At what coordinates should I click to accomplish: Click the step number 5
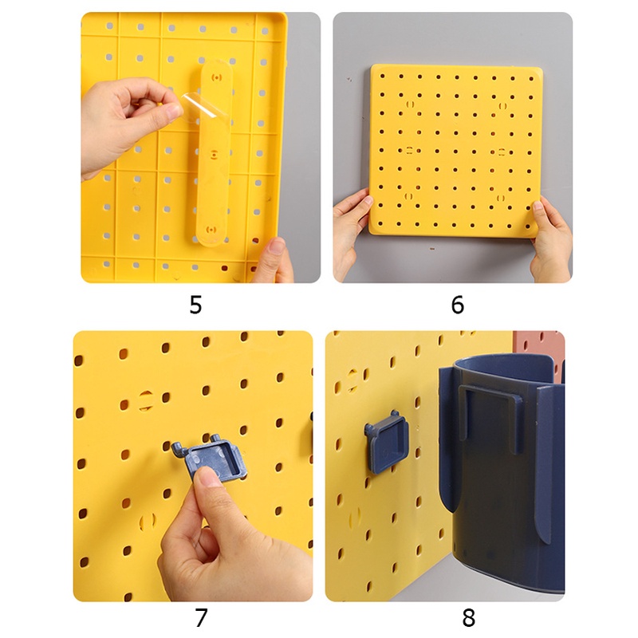(195, 305)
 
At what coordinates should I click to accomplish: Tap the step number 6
(457, 305)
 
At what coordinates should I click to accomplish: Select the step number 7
(202, 617)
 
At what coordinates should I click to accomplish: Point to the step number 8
(468, 617)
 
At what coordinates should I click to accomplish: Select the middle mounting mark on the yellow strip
(215, 154)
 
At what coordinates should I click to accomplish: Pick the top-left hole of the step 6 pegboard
(382, 76)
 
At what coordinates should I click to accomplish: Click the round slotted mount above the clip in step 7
(146, 400)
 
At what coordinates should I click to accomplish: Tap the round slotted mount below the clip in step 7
(148, 521)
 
